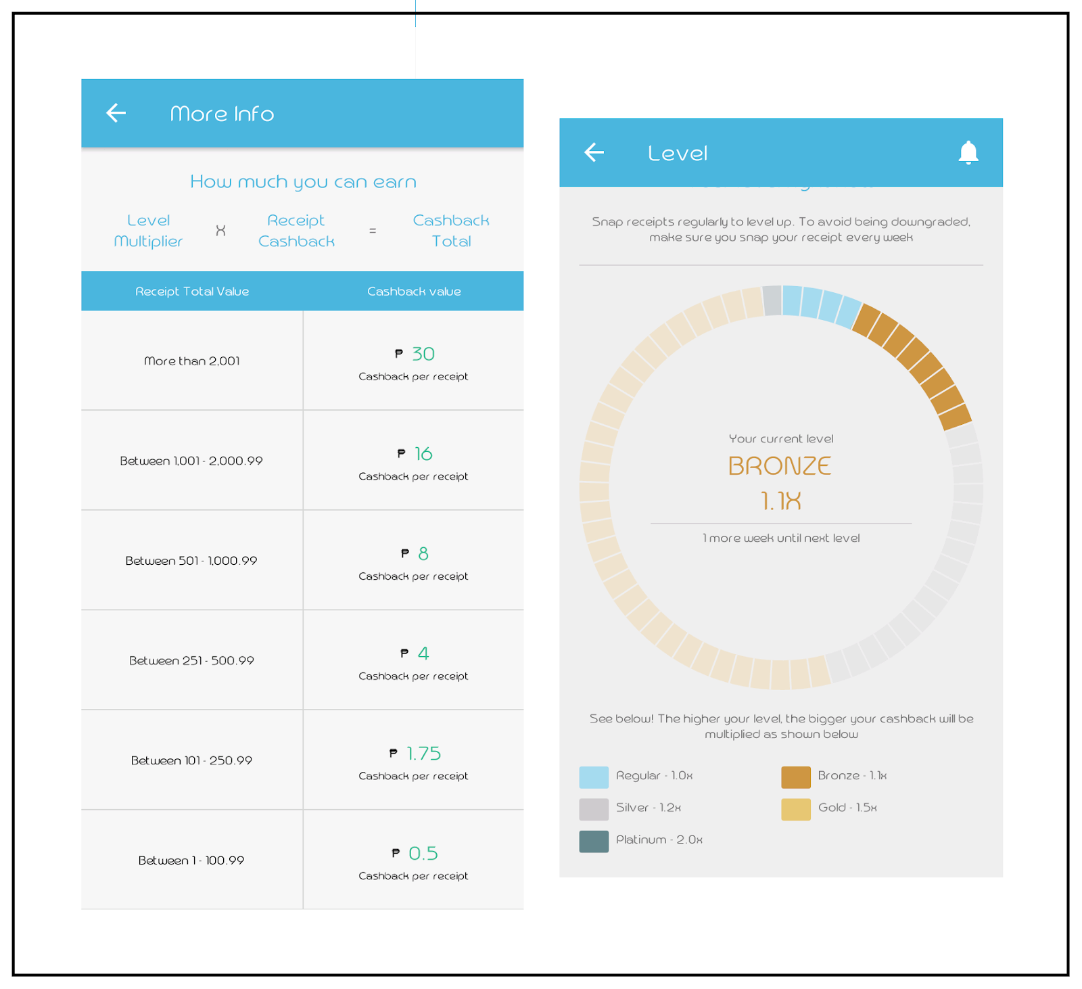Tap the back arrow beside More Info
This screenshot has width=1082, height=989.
pyautogui.click(x=116, y=113)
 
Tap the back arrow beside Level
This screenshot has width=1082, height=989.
pyautogui.click(x=594, y=152)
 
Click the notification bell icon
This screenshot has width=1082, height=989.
pyautogui.click(x=968, y=153)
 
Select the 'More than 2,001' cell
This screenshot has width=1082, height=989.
pyautogui.click(x=192, y=361)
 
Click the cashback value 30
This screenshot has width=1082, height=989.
pyautogui.click(x=423, y=354)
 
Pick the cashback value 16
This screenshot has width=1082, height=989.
pyautogui.click(x=423, y=454)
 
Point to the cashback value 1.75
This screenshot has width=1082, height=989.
pyautogui.click(x=423, y=754)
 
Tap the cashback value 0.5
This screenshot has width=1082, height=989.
pyautogui.click(x=423, y=854)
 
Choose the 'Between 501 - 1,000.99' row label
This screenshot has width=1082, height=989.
pyautogui.click(x=191, y=561)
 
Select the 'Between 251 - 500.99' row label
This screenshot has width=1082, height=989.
pyautogui.click(x=191, y=661)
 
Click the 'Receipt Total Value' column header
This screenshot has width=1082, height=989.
pyautogui.click(x=192, y=292)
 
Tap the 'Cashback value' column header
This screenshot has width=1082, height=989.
pyautogui.click(x=414, y=292)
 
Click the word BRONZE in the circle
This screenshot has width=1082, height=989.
pyautogui.click(x=780, y=466)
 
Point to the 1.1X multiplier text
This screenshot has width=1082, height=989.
pyautogui.click(x=780, y=501)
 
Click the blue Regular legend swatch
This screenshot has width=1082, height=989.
pyautogui.click(x=594, y=777)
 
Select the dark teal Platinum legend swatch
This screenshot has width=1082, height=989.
pyautogui.click(x=594, y=842)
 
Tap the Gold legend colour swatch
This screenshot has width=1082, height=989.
pyautogui.click(x=795, y=809)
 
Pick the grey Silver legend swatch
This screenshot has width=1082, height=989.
pyautogui.click(x=594, y=809)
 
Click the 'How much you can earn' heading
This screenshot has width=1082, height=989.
pyautogui.click(x=303, y=182)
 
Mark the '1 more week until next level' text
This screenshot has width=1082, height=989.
pyautogui.click(x=781, y=538)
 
